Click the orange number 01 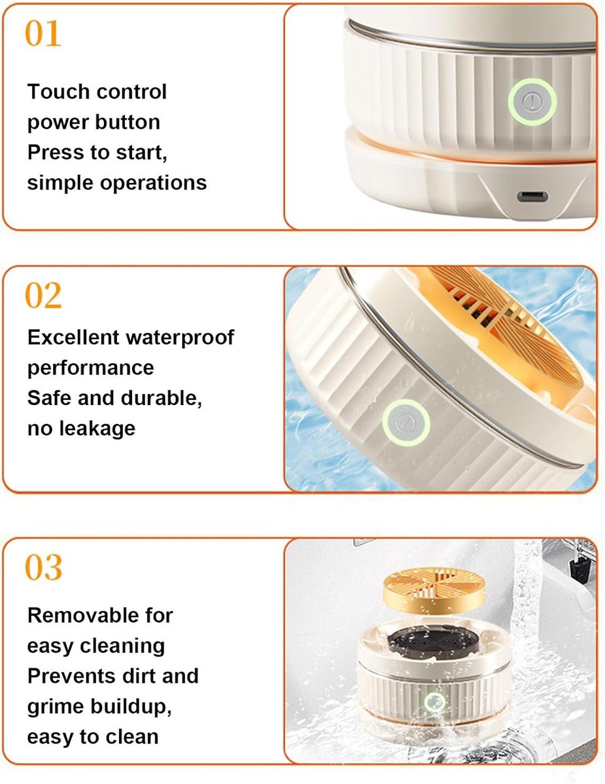coord(43,33)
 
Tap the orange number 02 coord(43,295)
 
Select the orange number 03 coord(44,567)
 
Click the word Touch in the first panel coord(52,91)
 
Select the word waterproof coord(180,338)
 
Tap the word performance coord(91,368)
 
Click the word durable coord(162,399)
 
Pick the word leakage coord(97,429)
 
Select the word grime coord(56,707)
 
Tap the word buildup coord(131,707)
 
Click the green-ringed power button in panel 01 coord(532,102)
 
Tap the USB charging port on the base coord(532,197)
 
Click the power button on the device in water coord(406,422)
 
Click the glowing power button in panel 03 coord(434,702)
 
